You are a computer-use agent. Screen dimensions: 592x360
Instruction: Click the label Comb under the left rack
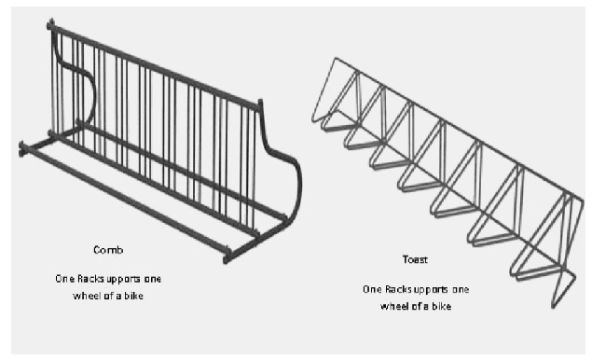pos(108,250)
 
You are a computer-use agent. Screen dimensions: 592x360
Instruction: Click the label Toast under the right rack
pos(415,259)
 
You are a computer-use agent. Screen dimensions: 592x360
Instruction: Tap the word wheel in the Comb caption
pos(87,296)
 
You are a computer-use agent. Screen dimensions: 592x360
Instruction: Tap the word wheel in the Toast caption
pos(394,306)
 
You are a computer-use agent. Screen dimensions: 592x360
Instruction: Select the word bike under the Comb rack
pos(133,296)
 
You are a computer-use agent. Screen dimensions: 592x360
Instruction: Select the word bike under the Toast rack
pos(442,306)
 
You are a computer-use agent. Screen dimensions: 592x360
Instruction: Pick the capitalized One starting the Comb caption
pos(64,279)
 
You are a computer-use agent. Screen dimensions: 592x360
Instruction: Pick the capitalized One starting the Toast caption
pos(372,289)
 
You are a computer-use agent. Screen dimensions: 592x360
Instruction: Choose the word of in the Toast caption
pos(417,306)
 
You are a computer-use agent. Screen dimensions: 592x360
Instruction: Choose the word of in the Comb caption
pos(109,296)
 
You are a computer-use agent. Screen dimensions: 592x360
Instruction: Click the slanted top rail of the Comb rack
pos(155,65)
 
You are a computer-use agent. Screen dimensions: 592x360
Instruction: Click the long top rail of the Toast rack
pos(459,129)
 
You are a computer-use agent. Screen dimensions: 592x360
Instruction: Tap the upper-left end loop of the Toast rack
pos(324,90)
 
